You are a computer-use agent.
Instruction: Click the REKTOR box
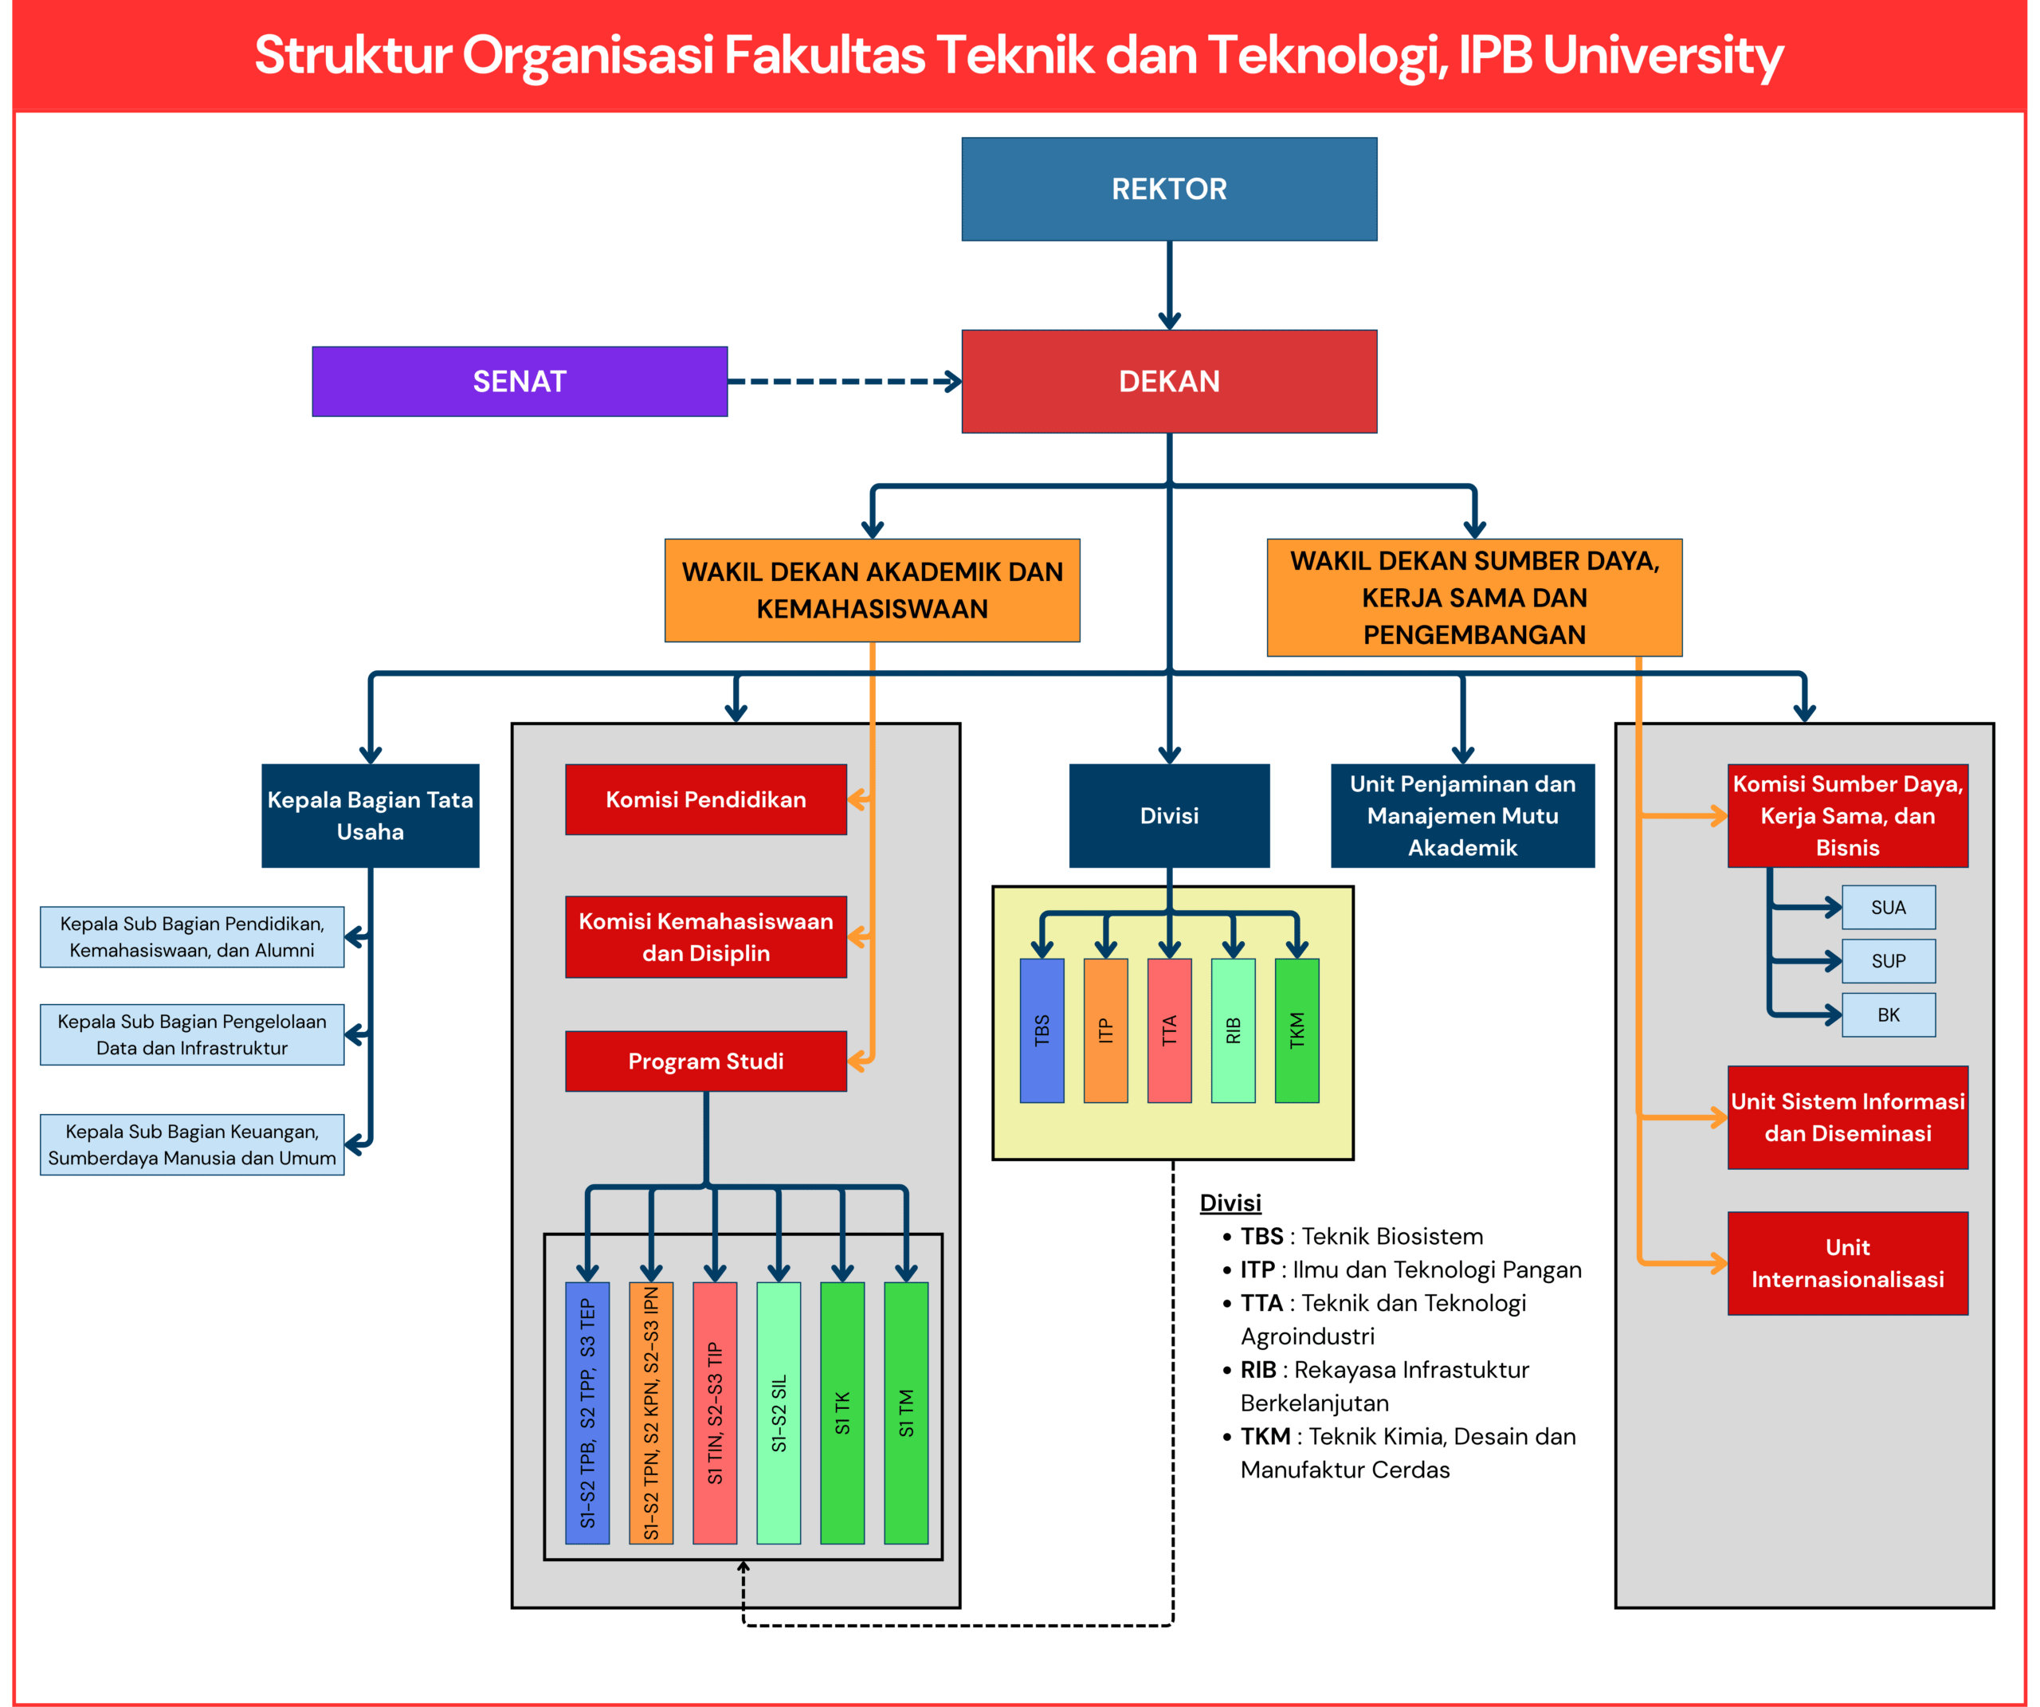(1169, 189)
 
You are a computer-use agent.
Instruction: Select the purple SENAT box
(520, 381)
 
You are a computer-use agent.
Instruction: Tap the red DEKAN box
(1169, 381)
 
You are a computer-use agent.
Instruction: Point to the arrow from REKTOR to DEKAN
(1170, 285)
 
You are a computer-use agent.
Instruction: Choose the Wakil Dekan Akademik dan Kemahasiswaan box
(873, 590)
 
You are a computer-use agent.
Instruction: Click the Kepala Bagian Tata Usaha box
(370, 815)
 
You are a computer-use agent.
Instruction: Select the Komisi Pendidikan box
(706, 799)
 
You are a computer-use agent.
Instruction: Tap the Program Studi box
(706, 1060)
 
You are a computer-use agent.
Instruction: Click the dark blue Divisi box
(1169, 815)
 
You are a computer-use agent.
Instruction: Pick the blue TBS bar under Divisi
(1042, 1030)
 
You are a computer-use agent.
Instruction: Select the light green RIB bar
(1233, 1030)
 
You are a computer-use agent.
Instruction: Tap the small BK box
(1889, 1014)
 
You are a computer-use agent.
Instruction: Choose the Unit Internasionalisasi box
(1848, 1263)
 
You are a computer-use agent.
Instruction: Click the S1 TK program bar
(842, 1413)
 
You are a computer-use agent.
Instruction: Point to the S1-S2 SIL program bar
(778, 1413)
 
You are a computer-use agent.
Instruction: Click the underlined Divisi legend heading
(1230, 1203)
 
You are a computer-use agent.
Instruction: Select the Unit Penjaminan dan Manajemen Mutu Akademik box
(1462, 815)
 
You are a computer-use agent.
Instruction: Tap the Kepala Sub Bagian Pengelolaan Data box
(191, 1034)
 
